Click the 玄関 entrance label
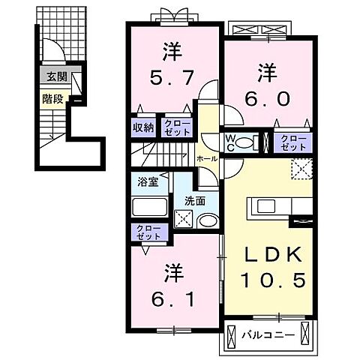coord(56,76)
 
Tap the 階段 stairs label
coord(52,97)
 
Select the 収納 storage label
coord(144,127)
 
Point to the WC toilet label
coord(232,142)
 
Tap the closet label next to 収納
coord(178,127)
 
